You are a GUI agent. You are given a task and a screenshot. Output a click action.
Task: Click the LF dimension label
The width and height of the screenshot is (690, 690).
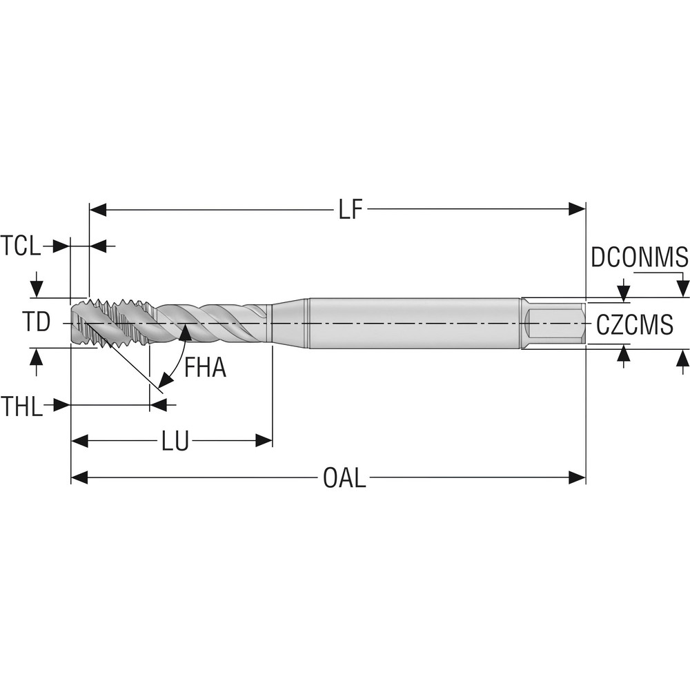coord(351,210)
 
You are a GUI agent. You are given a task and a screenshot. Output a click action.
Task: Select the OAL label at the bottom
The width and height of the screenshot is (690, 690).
coord(344,477)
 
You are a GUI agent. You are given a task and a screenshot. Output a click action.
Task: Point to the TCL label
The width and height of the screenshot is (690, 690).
coord(20,246)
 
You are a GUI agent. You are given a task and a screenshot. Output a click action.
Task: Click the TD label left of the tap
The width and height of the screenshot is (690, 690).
coord(37,322)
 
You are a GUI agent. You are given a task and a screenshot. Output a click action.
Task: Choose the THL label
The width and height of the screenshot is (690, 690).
coord(21,405)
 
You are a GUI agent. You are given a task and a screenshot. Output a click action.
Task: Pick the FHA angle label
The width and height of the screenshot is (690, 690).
coord(205,368)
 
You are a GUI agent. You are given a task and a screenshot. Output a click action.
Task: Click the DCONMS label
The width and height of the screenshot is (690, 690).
coord(640,257)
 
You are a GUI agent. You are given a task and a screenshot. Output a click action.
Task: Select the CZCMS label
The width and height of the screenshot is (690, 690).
coord(635,325)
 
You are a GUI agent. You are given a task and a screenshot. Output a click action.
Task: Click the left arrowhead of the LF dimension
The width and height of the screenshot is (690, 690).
coord(98,210)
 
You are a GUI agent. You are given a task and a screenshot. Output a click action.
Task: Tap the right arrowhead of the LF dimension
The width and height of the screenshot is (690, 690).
coord(577,210)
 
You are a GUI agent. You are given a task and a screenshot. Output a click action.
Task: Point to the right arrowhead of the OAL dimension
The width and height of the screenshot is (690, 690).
coord(577,477)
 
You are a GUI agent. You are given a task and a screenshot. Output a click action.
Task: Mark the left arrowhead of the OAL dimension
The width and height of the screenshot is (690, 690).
coord(79,477)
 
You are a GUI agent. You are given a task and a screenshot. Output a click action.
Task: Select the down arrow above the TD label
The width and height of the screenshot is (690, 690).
coord(37,289)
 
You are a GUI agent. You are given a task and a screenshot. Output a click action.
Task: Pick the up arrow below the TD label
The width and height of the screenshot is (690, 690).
coord(37,357)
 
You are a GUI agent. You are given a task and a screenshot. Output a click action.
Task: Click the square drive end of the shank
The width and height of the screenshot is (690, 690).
coord(553,324)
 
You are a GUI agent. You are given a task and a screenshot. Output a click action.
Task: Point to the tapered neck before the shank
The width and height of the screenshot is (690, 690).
coord(290,324)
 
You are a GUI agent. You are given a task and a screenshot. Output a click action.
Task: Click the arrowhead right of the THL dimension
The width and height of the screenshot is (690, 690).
coord(159,405)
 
